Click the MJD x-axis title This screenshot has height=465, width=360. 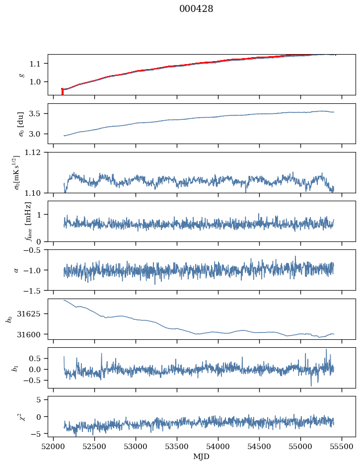(201, 456)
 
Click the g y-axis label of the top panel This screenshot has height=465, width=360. (21, 75)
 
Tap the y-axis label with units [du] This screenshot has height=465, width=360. (21, 123)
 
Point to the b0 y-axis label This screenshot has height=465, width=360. (9, 318)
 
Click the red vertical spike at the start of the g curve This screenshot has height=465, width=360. (62, 91)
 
